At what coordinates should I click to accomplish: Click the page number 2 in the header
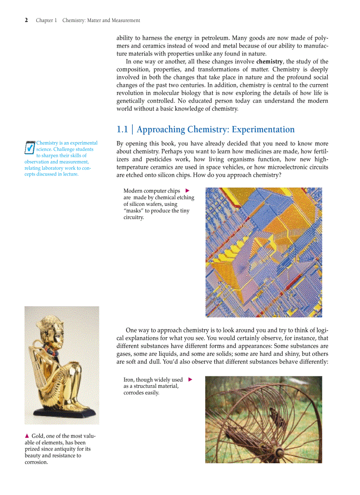[26, 20]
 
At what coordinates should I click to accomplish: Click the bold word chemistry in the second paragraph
[269, 62]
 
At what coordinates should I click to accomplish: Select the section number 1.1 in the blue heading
[122, 130]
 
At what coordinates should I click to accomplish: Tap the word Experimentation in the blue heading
[263, 130]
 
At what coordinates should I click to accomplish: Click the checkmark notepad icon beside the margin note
[30, 147]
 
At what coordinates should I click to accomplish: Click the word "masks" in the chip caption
[134, 211]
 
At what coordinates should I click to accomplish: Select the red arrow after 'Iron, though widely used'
[190, 379]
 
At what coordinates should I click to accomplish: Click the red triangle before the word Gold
[27, 436]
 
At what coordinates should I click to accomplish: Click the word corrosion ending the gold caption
[36, 462]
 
